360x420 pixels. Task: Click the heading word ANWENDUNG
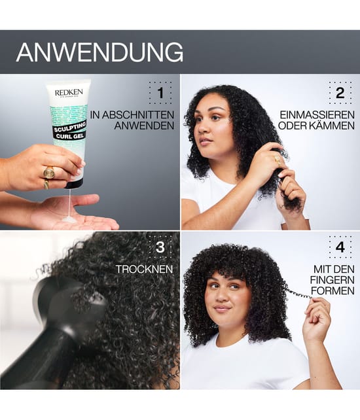tap(99, 52)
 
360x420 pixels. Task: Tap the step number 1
tap(160, 93)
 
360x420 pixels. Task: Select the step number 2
tap(340, 93)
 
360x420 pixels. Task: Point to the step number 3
tap(160, 247)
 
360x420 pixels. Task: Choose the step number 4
tap(340, 247)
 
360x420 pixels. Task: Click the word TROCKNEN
tap(144, 269)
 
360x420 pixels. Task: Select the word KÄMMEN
tap(331, 126)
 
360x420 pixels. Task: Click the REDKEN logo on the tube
tap(69, 93)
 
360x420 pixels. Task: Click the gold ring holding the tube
tap(49, 173)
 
